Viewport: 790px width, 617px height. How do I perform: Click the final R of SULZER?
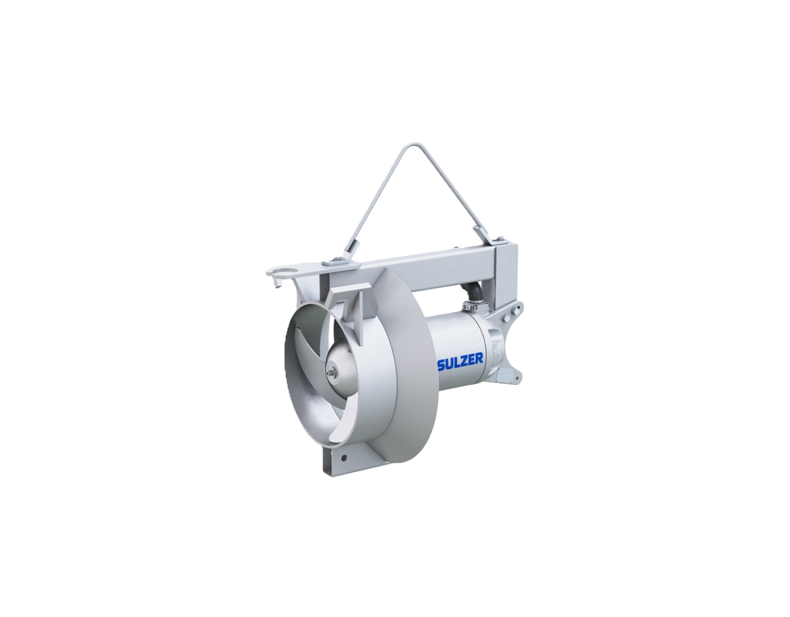(x=479, y=358)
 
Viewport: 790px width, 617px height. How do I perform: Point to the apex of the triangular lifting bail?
(x=401, y=146)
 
